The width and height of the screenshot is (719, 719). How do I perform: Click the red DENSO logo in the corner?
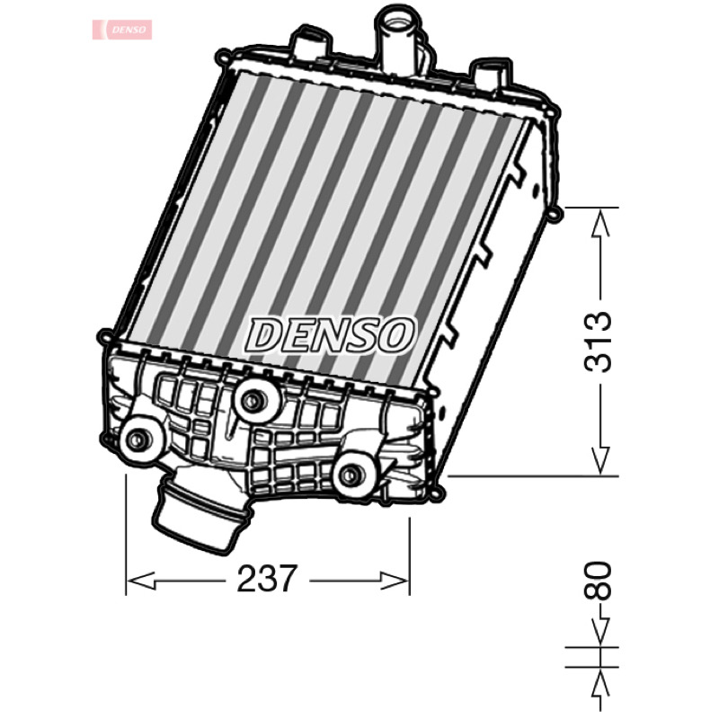[122, 30]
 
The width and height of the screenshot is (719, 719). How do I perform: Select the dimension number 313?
[598, 342]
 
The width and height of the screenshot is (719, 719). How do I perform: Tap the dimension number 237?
[267, 579]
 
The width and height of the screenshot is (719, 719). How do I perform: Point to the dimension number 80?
[598, 581]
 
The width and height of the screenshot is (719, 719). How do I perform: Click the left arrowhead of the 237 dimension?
[141, 581]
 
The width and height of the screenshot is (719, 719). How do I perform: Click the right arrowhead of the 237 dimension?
[394, 581]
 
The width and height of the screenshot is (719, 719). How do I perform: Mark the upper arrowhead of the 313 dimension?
[600, 223]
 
